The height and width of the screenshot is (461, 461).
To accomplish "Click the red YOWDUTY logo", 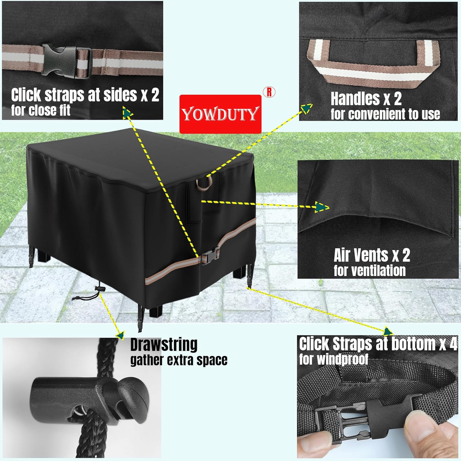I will (x=220, y=114).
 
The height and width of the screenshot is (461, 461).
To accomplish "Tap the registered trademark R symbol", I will (x=269, y=92).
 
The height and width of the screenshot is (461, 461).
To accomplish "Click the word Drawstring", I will (x=164, y=345).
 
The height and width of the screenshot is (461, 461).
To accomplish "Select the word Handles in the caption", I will (x=355, y=99).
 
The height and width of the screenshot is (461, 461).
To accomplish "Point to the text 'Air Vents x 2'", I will (x=372, y=255).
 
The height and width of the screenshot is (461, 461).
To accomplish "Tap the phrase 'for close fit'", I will (x=41, y=110).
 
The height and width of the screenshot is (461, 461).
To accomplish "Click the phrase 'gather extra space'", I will (x=179, y=360).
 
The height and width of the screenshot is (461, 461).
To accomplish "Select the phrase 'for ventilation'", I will (x=370, y=271).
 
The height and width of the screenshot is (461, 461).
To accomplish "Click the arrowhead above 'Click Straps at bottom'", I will (x=388, y=332).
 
